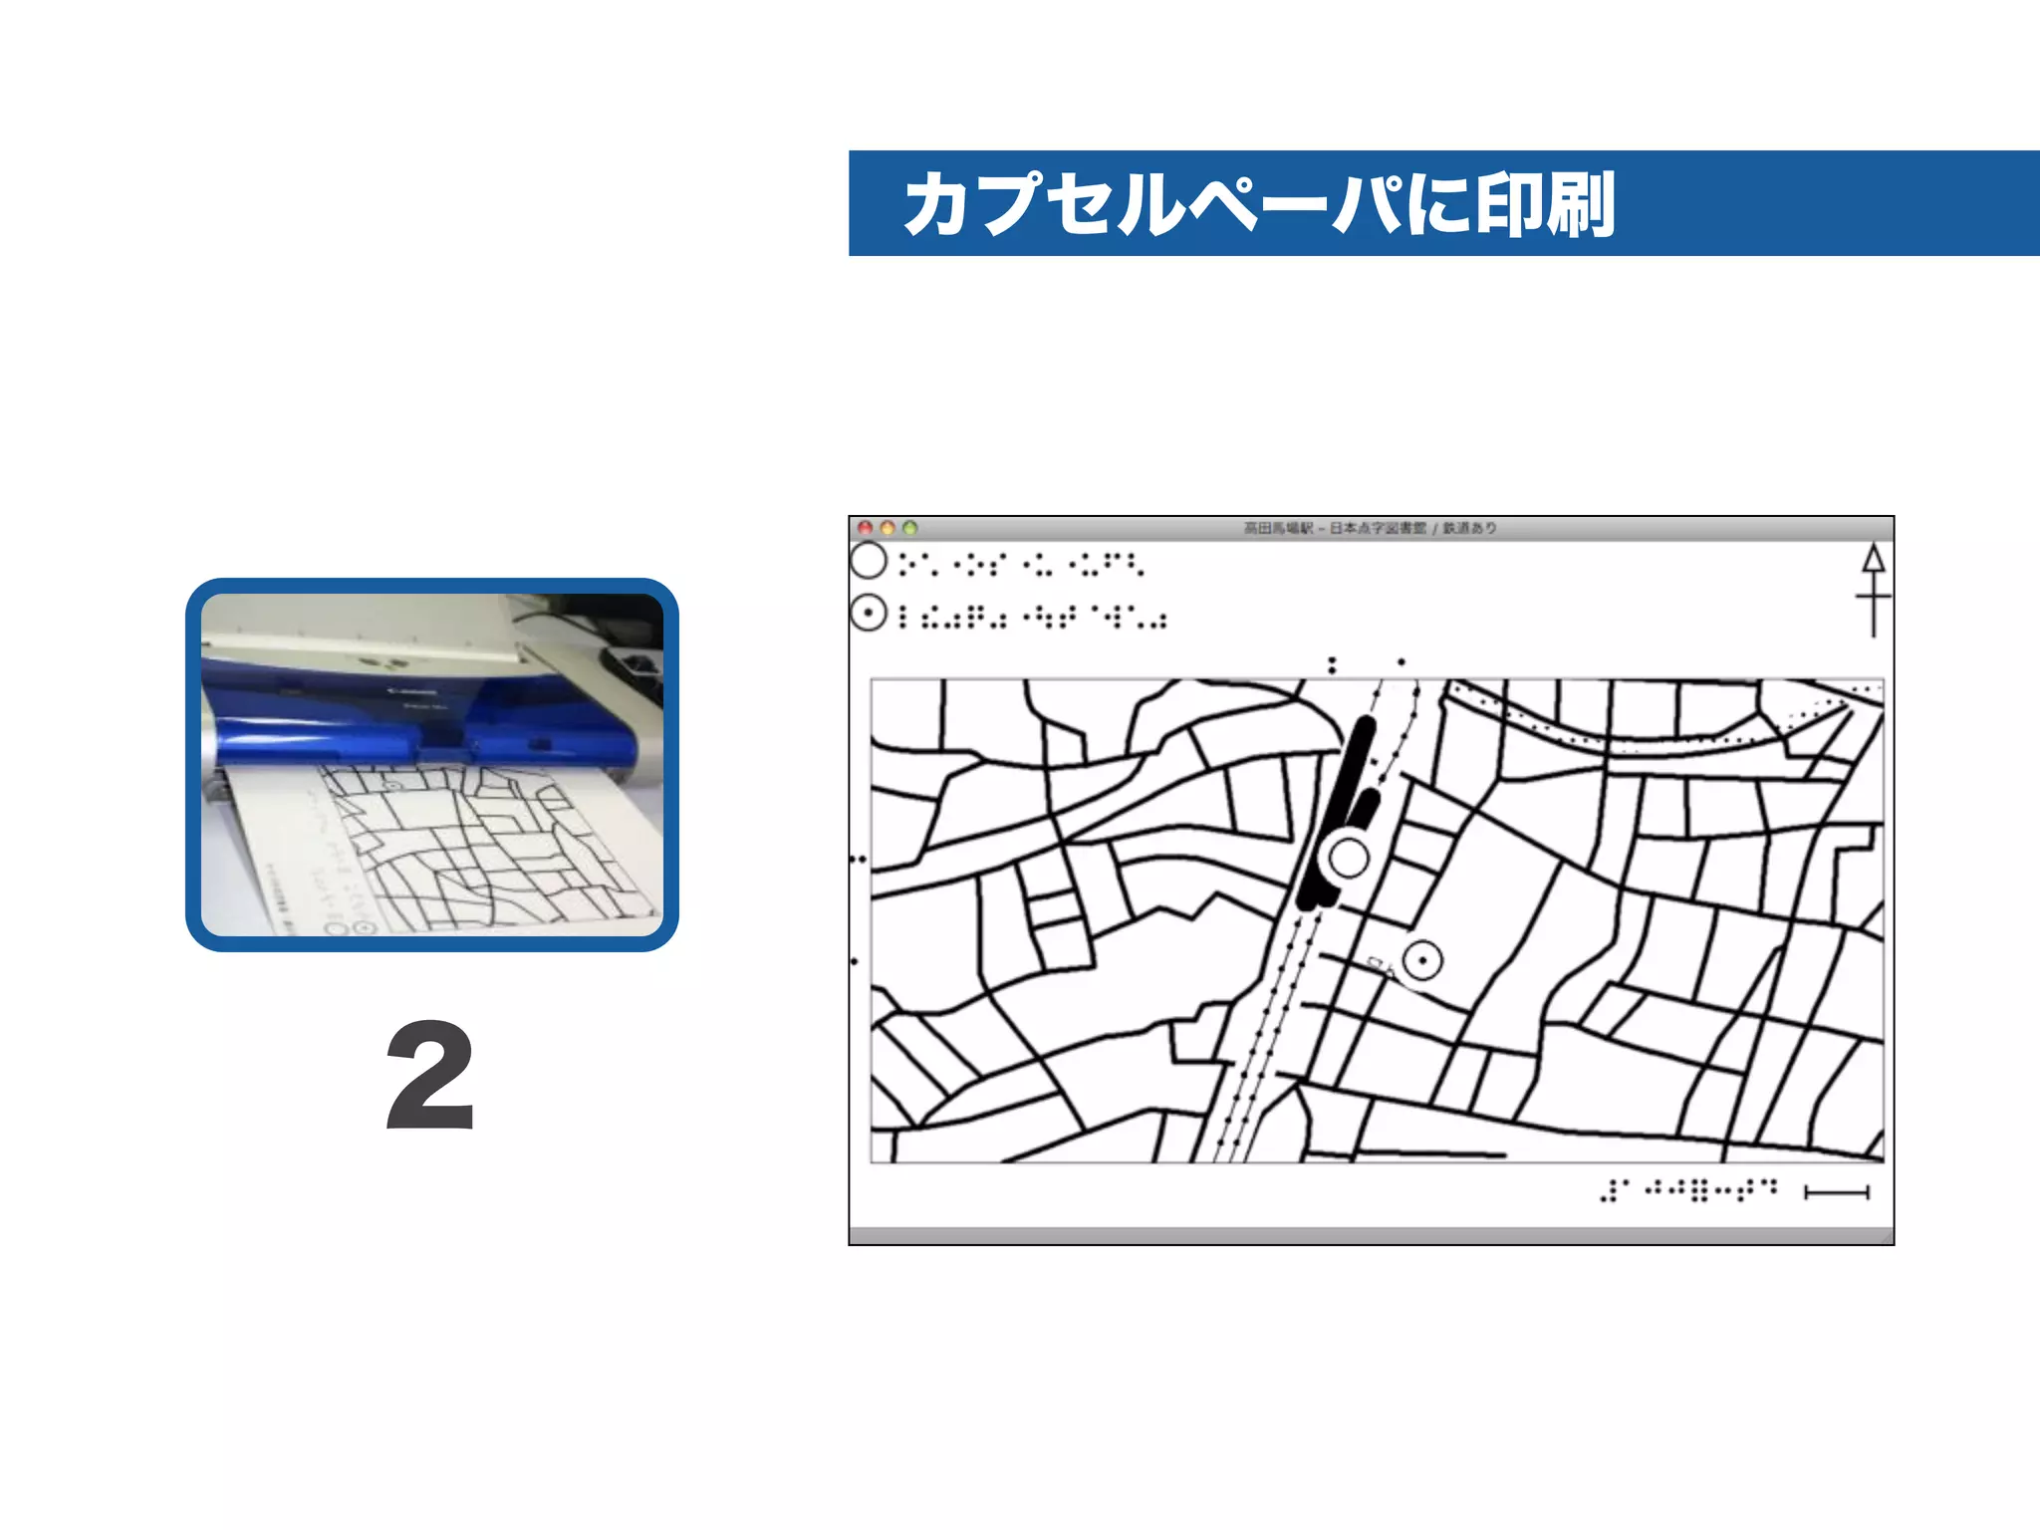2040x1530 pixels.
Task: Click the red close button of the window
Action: tap(866, 528)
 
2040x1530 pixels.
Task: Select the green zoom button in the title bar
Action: tap(909, 528)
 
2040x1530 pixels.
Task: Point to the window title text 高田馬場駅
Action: tap(1279, 528)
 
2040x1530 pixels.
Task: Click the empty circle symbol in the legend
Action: tap(869, 561)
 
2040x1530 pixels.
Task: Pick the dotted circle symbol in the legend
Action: tap(869, 614)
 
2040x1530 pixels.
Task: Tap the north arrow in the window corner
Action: tap(1873, 588)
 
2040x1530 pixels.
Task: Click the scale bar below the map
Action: tap(1837, 1192)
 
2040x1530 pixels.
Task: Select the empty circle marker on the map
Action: tap(1350, 858)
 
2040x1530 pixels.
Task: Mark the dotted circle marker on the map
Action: tap(1422, 961)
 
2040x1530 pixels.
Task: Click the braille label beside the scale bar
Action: tap(1687, 1190)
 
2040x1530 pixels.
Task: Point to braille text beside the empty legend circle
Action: tap(1021, 565)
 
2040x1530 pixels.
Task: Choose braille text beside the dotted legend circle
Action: tap(1033, 618)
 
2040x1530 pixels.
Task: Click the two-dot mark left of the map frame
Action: tap(858, 859)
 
